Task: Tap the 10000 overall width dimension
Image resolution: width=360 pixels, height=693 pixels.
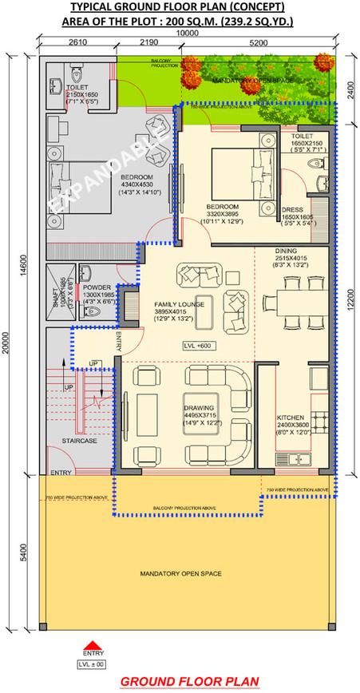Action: point(188,34)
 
